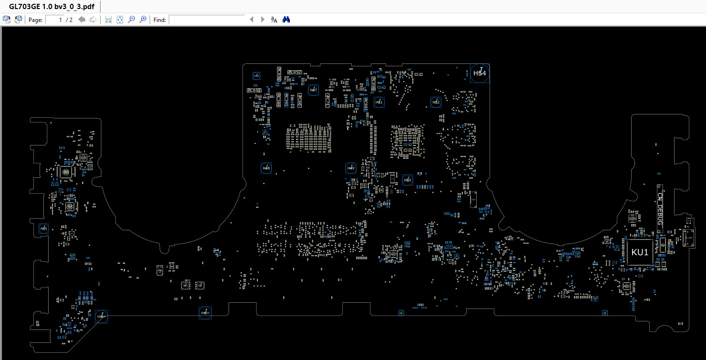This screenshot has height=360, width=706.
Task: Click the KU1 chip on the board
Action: click(640, 252)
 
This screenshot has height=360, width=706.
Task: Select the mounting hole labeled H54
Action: click(480, 73)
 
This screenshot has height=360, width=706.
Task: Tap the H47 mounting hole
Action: click(313, 90)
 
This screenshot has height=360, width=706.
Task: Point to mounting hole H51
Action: click(379, 102)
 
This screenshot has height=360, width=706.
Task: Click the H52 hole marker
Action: click(436, 102)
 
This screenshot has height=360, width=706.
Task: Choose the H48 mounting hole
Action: click(266, 168)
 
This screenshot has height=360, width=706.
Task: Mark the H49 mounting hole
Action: click(351, 168)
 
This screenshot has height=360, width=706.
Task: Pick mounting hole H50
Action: click(407, 180)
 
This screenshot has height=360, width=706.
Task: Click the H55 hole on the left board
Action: click(43, 229)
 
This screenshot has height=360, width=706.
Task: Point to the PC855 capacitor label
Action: click(254, 90)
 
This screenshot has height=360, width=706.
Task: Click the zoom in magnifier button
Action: click(143, 20)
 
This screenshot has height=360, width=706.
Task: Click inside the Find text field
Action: click(206, 20)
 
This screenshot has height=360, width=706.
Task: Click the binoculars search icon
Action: click(286, 20)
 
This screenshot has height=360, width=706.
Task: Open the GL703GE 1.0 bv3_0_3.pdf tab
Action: click(51, 6)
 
